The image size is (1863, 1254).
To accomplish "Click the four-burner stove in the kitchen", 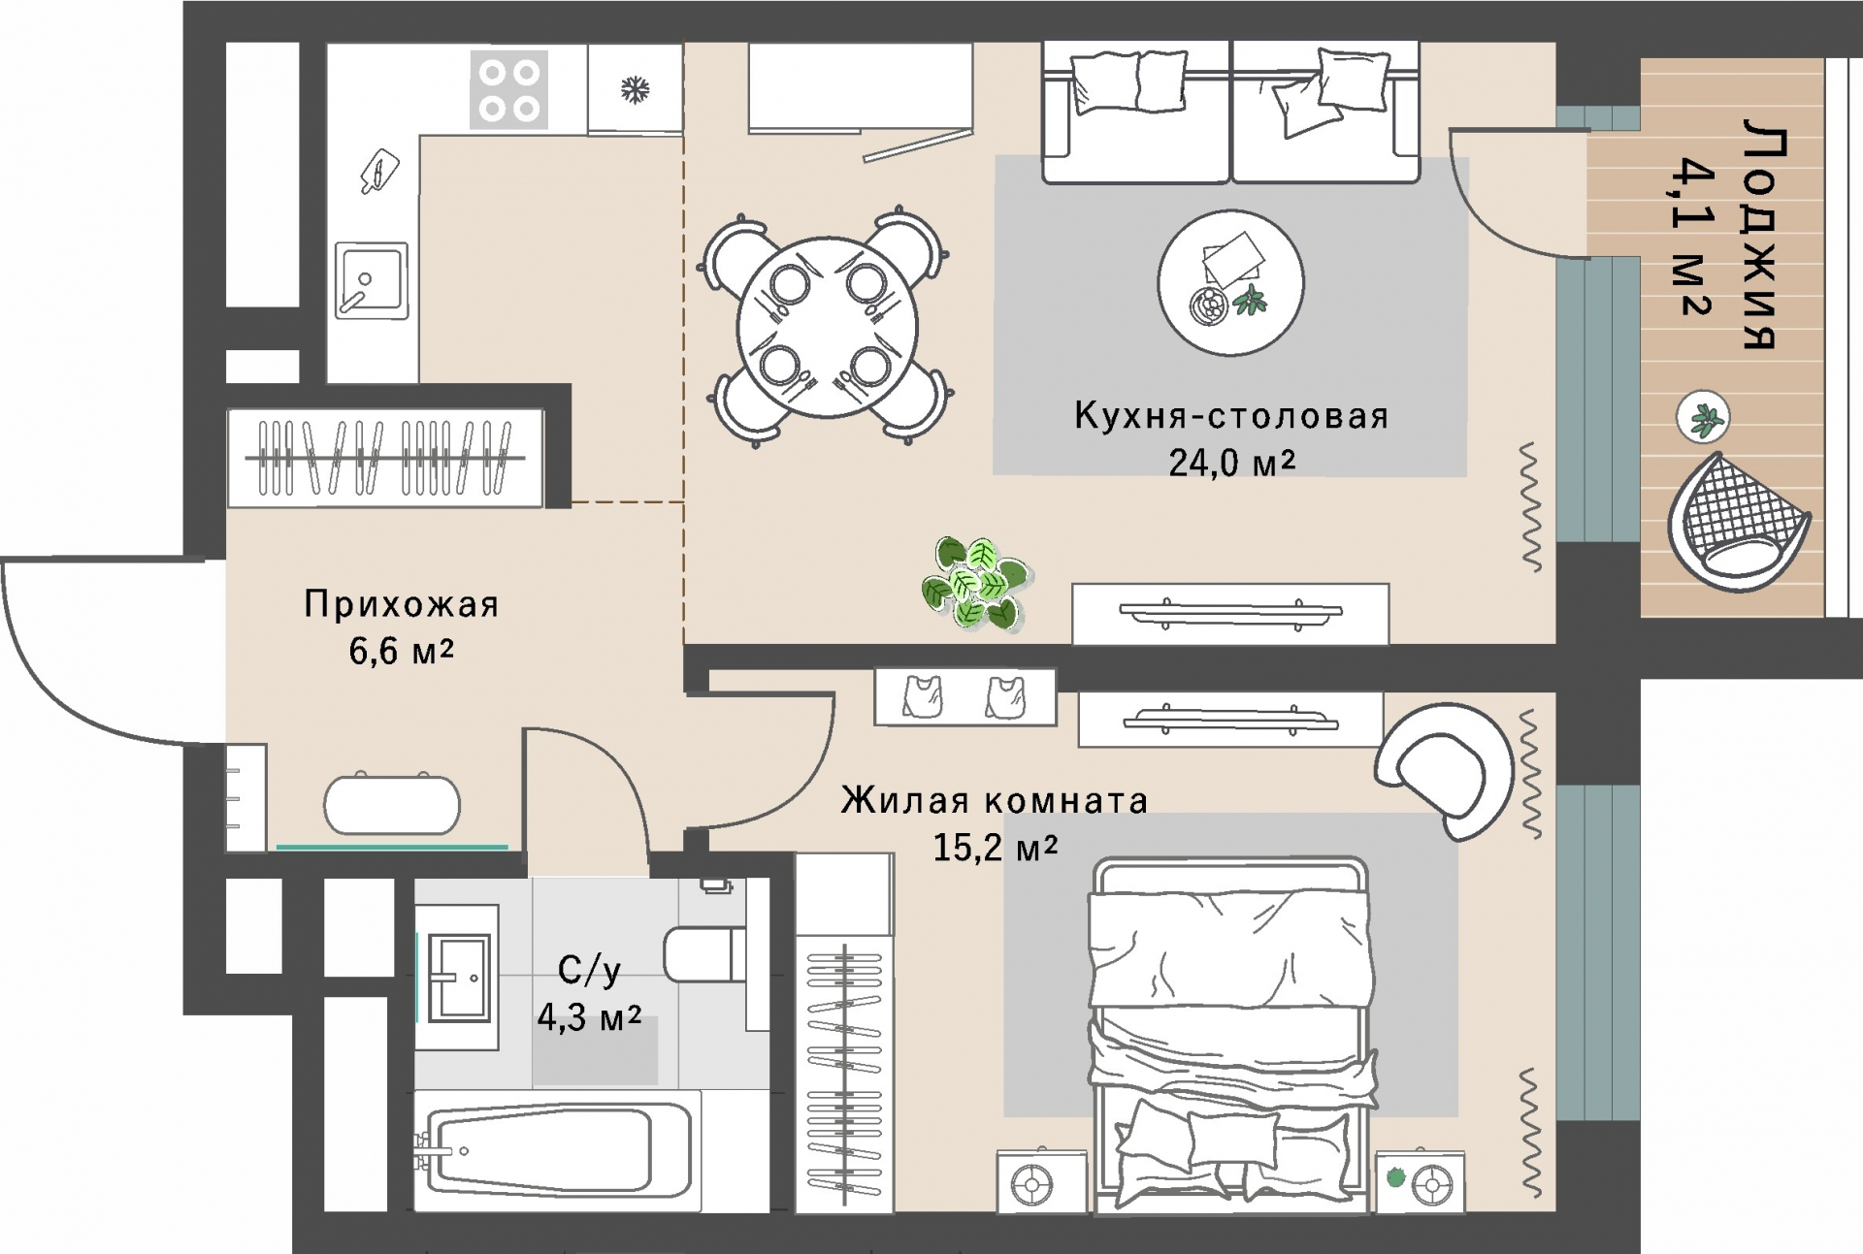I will click(509, 89).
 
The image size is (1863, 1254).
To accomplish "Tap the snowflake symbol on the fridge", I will click(635, 90).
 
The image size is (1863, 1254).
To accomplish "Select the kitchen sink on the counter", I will click(372, 280).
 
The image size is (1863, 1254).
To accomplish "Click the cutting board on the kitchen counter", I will click(379, 172).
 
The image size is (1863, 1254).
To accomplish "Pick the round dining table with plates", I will click(827, 327).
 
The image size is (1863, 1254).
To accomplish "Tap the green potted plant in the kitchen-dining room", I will click(973, 582).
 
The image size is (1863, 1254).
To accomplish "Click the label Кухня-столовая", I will click(1231, 416).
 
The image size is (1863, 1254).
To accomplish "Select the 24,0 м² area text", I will click(1231, 463).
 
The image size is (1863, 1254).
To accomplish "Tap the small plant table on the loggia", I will click(1703, 418).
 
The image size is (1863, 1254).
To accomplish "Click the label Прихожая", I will click(402, 604).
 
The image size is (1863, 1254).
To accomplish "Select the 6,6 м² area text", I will click(401, 651).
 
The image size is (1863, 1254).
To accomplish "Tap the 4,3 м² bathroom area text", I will click(589, 1017).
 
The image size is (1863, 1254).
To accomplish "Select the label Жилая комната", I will click(994, 801).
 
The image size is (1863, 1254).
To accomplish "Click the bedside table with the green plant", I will click(1420, 1180).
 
